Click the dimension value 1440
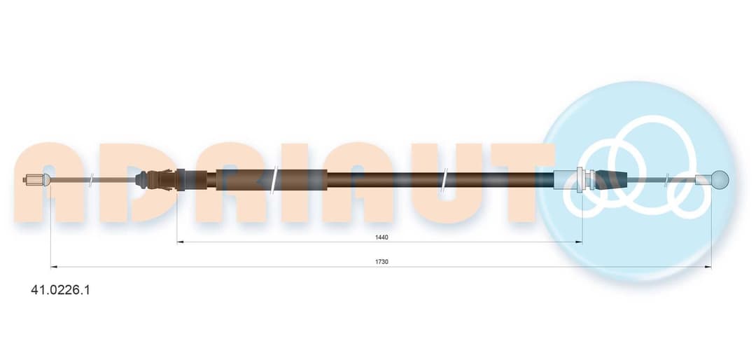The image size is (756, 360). [381, 237]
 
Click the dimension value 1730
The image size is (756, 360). [381, 261]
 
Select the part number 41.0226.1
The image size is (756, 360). [60, 290]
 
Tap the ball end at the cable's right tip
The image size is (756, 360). [720, 179]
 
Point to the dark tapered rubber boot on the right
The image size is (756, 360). [611, 179]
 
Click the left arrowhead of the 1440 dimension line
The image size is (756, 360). [180, 242]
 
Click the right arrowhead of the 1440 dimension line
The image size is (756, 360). [579, 242]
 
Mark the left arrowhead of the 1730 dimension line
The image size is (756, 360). [54, 266]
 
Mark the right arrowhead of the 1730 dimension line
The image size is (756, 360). [708, 266]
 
